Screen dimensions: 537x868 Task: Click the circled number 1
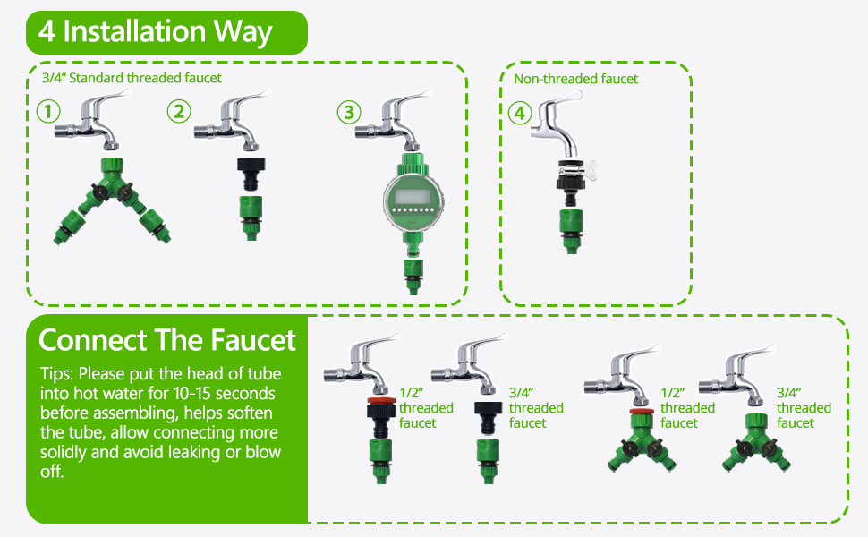[x=48, y=112]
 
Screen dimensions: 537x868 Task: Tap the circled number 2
[x=180, y=112]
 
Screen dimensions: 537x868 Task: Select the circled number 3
[x=348, y=113]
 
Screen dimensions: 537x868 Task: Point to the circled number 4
[x=519, y=114]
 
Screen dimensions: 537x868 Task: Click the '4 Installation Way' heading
[x=156, y=32]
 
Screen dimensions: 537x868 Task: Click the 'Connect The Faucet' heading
[x=167, y=340]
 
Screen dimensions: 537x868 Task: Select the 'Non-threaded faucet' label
[x=575, y=79]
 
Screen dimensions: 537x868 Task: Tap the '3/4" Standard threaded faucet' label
[x=132, y=78]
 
